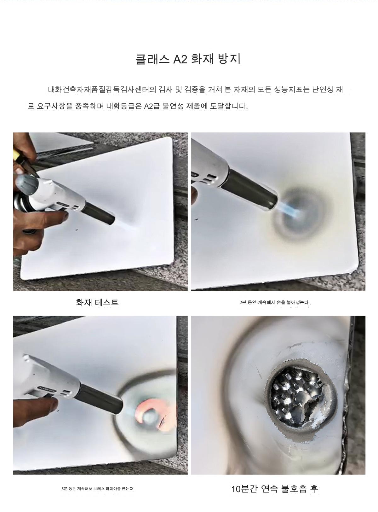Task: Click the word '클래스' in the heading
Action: [152, 59]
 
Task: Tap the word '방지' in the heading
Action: [229, 59]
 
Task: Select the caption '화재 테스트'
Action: [97, 302]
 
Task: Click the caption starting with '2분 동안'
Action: [274, 302]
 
